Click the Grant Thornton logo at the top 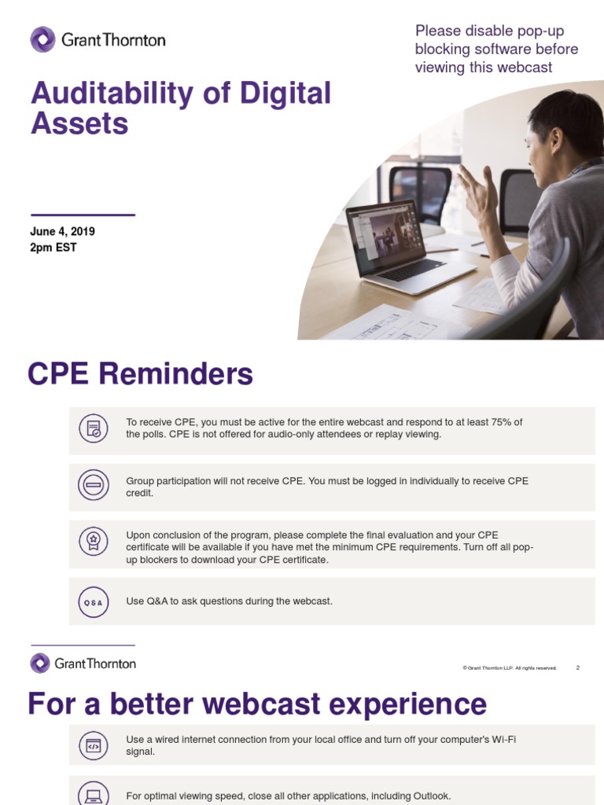[x=98, y=39]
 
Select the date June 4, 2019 [x=63, y=232]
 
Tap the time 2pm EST [x=53, y=248]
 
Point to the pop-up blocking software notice [x=496, y=49]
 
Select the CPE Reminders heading [x=140, y=374]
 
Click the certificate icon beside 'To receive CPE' [x=94, y=428]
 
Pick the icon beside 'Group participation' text [x=94, y=486]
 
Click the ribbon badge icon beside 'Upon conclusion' [x=94, y=542]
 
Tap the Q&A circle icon [x=94, y=602]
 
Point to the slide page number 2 [x=577, y=667]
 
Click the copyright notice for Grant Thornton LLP [x=510, y=668]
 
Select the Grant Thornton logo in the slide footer [x=83, y=663]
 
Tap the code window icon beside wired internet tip [x=94, y=746]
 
